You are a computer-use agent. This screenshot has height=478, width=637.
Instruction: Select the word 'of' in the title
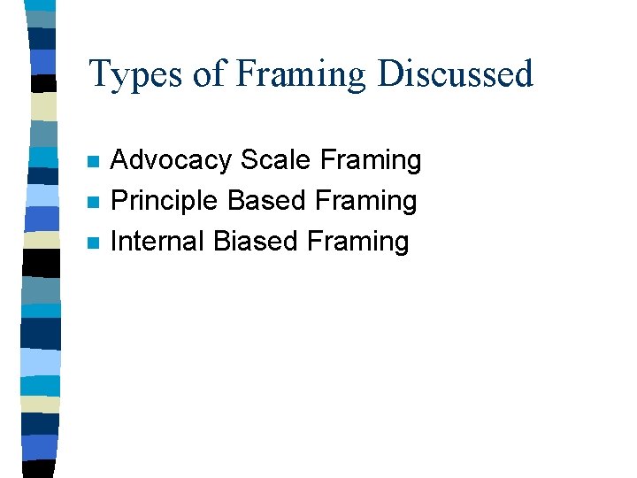[x=209, y=74]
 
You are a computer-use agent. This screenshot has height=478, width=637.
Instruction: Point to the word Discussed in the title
[x=456, y=74]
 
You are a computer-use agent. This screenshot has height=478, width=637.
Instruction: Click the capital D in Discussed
[x=390, y=74]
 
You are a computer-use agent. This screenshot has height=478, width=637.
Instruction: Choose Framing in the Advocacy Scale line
[x=371, y=161]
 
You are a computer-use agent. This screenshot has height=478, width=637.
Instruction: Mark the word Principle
[x=165, y=201]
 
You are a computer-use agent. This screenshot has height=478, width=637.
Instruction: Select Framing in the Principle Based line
[x=365, y=202]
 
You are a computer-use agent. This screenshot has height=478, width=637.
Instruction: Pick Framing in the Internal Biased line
[x=358, y=242]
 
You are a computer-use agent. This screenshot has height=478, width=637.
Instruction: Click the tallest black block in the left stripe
[x=41, y=262]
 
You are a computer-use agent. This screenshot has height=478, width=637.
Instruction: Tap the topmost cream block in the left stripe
[x=42, y=106]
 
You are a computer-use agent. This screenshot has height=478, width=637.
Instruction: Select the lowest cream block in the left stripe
[x=41, y=404]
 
